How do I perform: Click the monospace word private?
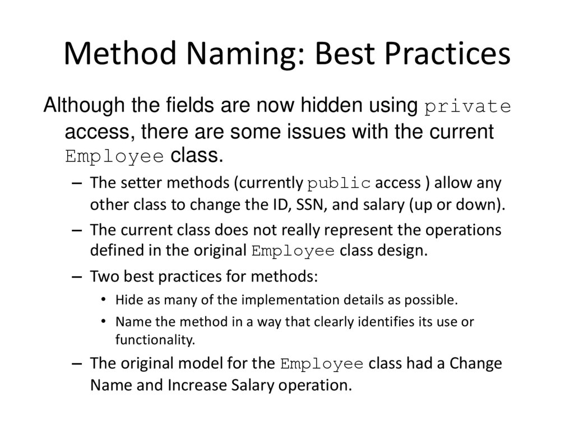[469, 107]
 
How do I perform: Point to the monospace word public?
[340, 184]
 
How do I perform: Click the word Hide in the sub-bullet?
[127, 299]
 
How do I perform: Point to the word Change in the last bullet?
[474, 363]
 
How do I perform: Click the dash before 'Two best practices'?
[77, 276]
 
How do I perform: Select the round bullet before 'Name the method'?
[104, 321]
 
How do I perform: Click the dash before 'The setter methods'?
[77, 183]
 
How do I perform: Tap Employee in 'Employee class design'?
[294, 251]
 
